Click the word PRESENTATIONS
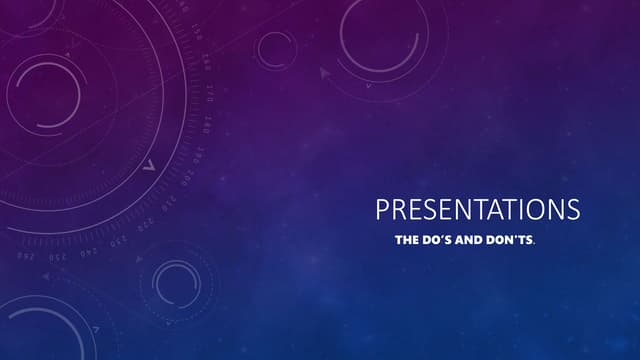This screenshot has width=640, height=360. click(477, 210)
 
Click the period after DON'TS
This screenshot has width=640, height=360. click(535, 244)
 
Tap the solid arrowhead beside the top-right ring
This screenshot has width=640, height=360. click(325, 72)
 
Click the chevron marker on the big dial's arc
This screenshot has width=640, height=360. click(148, 165)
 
